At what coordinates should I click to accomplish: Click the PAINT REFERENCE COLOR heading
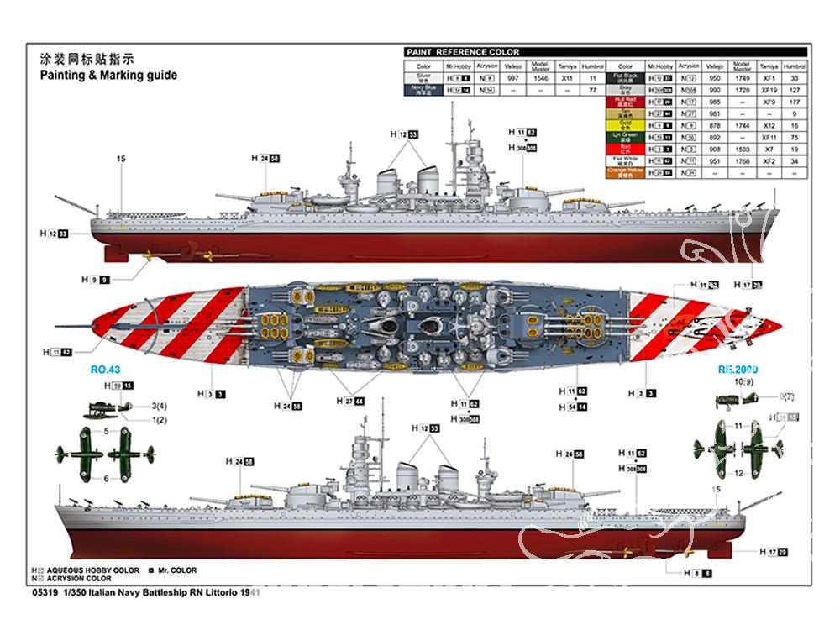[x=463, y=52]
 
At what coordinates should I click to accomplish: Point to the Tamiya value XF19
[x=769, y=89]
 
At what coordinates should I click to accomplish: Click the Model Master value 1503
[x=742, y=149]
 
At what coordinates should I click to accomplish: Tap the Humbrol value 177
[x=794, y=102]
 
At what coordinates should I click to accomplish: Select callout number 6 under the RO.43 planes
[x=107, y=478]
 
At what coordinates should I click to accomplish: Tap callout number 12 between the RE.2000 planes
[x=738, y=473]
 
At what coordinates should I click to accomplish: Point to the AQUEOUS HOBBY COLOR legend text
[x=93, y=570]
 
